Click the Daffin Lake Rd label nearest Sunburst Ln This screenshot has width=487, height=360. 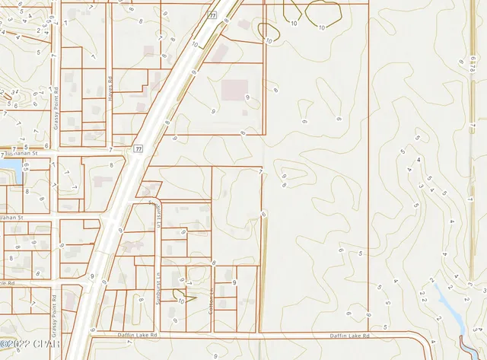click(x=137, y=335)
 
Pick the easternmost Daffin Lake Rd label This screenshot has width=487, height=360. click(x=349, y=335)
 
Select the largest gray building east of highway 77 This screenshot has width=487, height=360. click(x=234, y=91)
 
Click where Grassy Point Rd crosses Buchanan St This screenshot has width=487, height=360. click(x=56, y=152)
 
